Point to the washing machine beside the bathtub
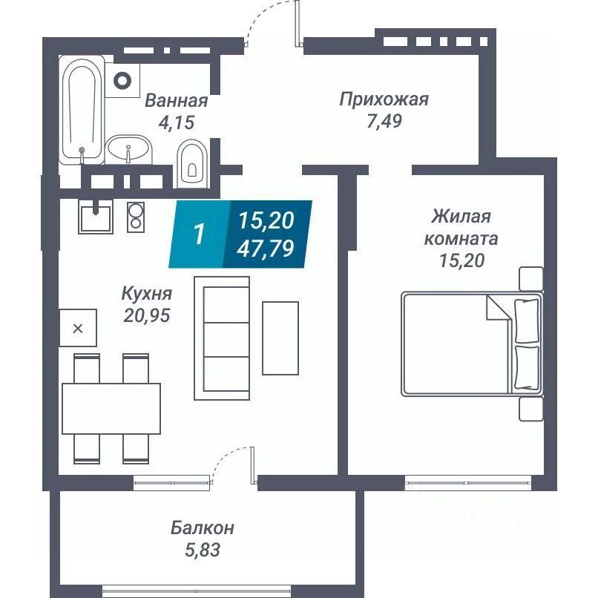(x=122, y=79)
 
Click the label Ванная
(x=176, y=101)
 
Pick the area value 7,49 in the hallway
(x=383, y=122)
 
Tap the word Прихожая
(x=384, y=99)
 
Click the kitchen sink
(x=95, y=217)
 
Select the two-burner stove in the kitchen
(x=136, y=217)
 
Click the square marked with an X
(x=78, y=328)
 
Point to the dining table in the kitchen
(x=111, y=408)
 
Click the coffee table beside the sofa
(x=280, y=338)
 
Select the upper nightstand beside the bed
(x=530, y=279)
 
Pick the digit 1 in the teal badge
(x=198, y=234)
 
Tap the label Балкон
(x=203, y=528)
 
